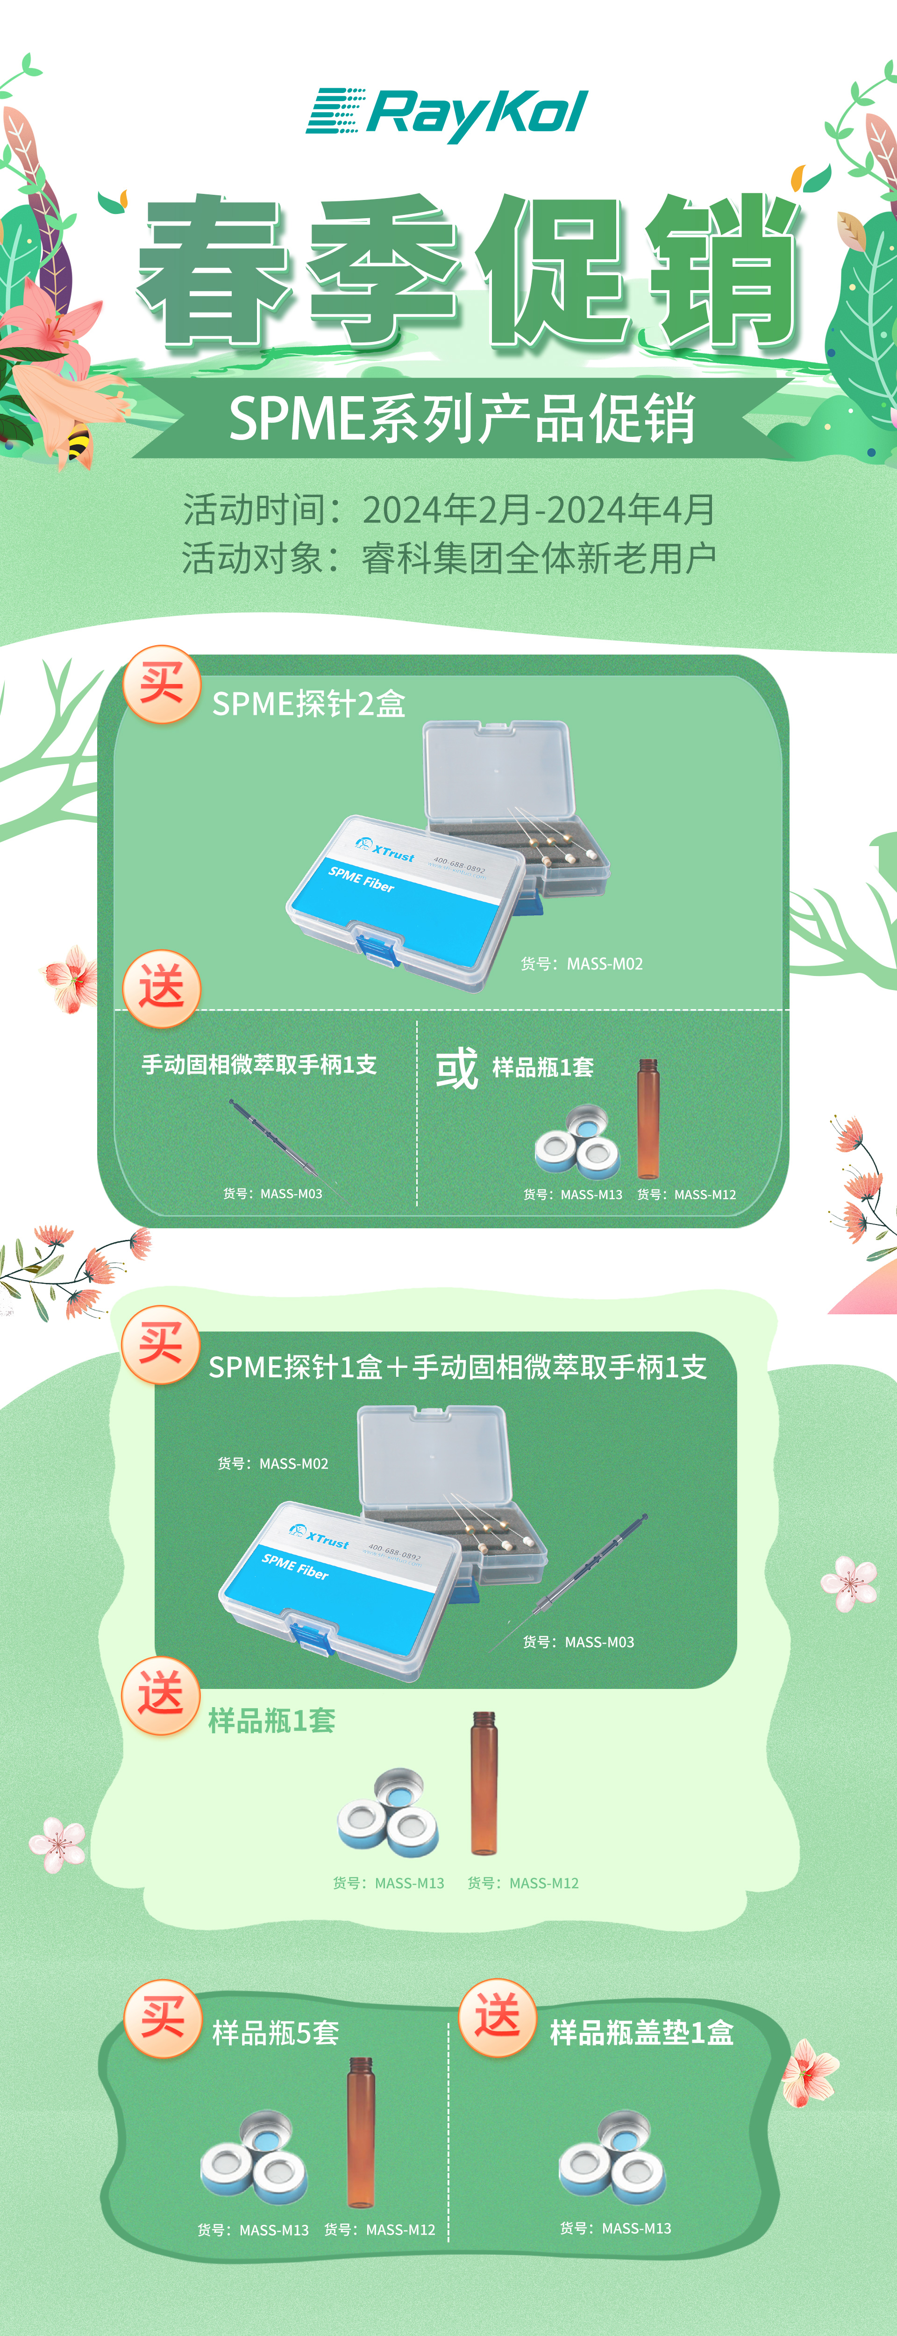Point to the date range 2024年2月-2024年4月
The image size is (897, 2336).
[539, 510]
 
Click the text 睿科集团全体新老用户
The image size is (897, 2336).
[539, 558]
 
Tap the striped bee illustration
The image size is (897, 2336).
[79, 443]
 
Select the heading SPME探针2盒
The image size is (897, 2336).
[308, 704]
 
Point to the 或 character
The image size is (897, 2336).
[456, 1068]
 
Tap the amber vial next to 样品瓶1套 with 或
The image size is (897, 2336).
[648, 1118]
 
